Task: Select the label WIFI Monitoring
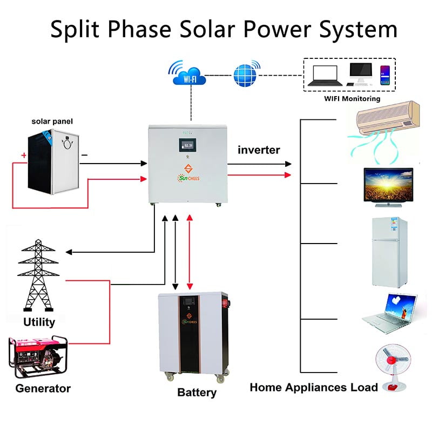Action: pyautogui.click(x=352, y=99)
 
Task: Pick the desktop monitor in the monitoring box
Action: pyautogui.click(x=360, y=73)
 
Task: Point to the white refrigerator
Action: pyautogui.click(x=387, y=252)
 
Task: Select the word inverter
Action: pyautogui.click(x=259, y=150)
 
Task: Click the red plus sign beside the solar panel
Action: pyautogui.click(x=24, y=156)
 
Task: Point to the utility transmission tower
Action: pyautogui.click(x=38, y=275)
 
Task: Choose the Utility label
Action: pyautogui.click(x=39, y=322)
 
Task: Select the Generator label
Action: pyautogui.click(x=43, y=388)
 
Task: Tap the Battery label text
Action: pyautogui.click(x=197, y=393)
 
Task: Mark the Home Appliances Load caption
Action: pyautogui.click(x=314, y=387)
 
